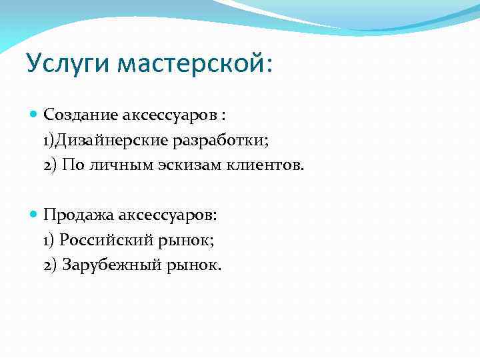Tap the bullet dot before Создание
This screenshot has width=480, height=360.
[35, 114]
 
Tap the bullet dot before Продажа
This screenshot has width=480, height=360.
[35, 215]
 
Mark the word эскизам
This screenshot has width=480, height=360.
[187, 165]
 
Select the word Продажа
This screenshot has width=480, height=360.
[79, 215]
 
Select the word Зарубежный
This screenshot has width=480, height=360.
[111, 265]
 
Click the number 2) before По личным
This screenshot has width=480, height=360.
[50, 165]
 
